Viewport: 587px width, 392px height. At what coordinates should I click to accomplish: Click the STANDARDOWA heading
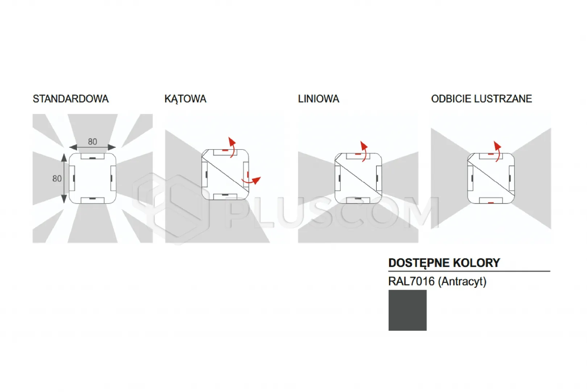70,99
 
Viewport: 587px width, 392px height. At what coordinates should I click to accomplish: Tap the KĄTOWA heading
185,99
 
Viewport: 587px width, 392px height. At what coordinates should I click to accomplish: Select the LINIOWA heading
318,99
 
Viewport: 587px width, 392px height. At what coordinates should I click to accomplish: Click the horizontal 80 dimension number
92,142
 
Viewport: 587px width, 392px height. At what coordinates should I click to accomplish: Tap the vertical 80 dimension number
57,179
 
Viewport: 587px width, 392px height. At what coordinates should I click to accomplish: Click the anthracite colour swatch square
408,310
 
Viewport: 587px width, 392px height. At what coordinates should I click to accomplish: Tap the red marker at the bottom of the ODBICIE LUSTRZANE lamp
491,202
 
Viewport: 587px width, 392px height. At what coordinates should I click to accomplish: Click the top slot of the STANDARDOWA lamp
92,156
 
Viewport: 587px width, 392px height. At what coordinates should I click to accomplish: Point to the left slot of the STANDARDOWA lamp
72,179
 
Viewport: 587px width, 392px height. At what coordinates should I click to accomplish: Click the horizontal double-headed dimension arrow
92,147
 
